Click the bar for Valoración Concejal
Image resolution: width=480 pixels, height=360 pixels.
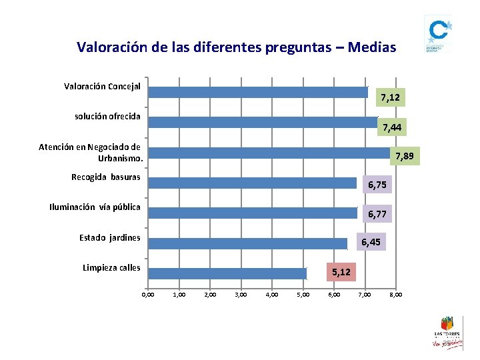pos(258,92)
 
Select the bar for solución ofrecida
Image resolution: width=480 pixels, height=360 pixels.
pos(263,122)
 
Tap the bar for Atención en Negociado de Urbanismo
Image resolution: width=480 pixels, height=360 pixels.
pos(269,152)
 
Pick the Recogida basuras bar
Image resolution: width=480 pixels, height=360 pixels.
pos(253,183)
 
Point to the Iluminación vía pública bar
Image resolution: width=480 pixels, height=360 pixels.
pos(253,213)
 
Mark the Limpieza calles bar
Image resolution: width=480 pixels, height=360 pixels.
pos(227,273)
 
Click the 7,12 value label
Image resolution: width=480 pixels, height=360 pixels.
pos(390,98)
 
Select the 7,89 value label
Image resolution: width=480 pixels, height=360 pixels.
pos(405,157)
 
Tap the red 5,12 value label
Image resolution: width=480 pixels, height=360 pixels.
pos(341,272)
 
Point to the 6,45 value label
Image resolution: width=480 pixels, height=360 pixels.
pos(371,242)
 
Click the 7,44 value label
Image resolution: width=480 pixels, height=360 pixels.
pos(393,127)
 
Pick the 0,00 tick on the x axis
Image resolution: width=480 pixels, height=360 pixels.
pos(148,294)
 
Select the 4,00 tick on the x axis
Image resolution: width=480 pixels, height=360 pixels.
pos(272,294)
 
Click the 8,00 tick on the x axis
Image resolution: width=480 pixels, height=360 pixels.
pos(395,294)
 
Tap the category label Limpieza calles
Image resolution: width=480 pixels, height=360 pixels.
pos(111,268)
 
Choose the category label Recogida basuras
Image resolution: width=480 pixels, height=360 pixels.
pos(106,177)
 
